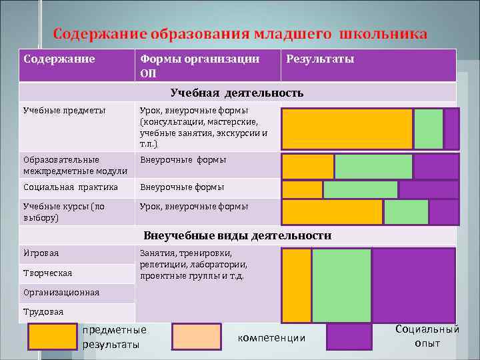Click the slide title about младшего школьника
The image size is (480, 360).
tap(240, 34)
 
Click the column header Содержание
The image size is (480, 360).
tap(59, 59)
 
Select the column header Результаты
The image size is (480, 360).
tap(320, 59)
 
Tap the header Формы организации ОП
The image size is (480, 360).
tap(199, 66)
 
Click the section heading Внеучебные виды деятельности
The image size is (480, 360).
tap(237, 235)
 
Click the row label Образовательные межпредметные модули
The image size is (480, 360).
tap(65, 165)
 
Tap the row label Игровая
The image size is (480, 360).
tap(41, 253)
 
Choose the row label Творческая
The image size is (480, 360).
tap(47, 273)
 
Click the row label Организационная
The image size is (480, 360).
tap(61, 293)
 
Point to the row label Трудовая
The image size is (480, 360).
tap(43, 312)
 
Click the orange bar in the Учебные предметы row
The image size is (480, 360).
tap(347, 129)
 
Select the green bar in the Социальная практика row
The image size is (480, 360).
tap(360, 190)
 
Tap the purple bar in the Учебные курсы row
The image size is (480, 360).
tap(443, 212)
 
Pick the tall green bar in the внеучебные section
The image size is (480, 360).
tap(341, 285)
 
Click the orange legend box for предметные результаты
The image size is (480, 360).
tap(52, 337)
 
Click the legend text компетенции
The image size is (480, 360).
tap(271, 338)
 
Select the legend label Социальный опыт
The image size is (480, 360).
tap(427, 336)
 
